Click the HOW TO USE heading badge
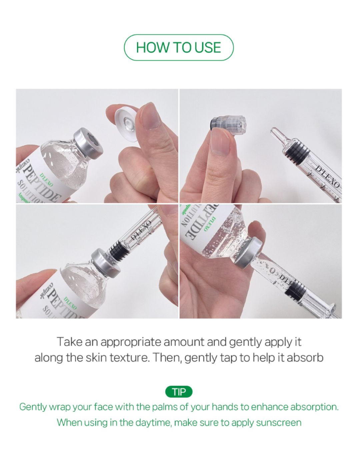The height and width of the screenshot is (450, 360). [179, 47]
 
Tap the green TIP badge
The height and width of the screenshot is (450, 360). [179, 392]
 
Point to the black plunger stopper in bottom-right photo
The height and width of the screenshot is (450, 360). [295, 288]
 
